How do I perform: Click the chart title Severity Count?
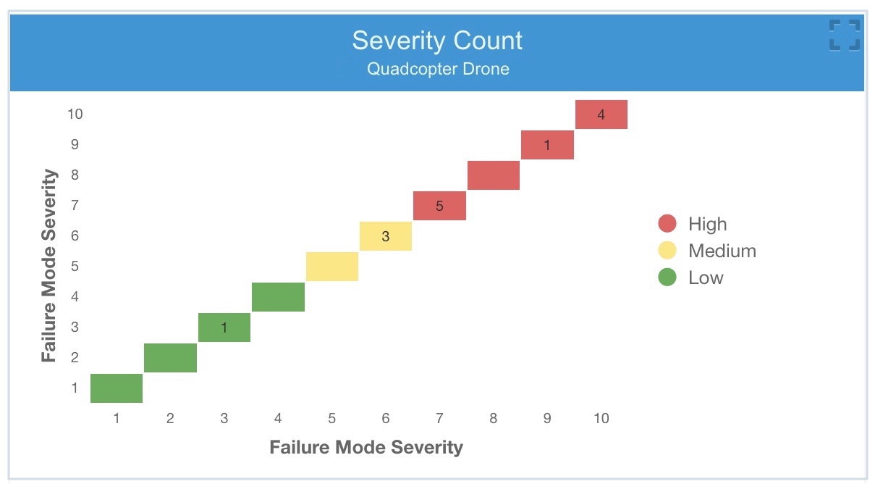coord(437,41)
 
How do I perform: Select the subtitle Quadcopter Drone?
coord(437,70)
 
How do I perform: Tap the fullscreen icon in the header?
coord(844,36)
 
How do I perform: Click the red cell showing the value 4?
coord(601,114)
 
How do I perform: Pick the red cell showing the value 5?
coord(439,206)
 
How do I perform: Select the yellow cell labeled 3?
coord(386,236)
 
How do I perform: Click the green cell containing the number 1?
coord(224,327)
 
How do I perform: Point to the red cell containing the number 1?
coord(547,145)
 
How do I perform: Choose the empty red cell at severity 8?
coord(494,175)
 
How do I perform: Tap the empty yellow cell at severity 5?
coord(332,267)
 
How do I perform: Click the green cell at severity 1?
coord(117,388)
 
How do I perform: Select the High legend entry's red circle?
coord(667,224)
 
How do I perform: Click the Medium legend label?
coord(722,251)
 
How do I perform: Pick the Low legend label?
coord(706,278)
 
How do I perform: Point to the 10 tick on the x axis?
coord(601,418)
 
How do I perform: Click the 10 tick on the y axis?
coord(75,114)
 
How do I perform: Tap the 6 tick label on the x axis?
coord(386,418)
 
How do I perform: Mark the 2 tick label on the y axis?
coord(75,357)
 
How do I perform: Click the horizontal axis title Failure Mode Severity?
coord(366,447)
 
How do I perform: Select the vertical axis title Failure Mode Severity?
coord(49,265)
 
